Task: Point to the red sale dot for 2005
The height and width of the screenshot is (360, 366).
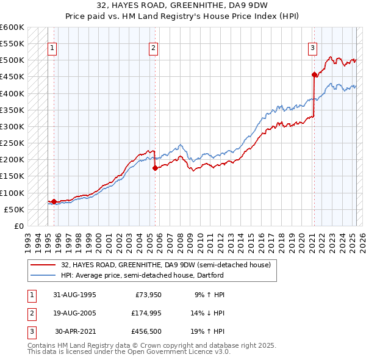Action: click(x=155, y=168)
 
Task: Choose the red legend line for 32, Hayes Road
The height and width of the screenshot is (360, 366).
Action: click(x=43, y=264)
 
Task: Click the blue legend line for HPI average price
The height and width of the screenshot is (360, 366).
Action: click(x=43, y=275)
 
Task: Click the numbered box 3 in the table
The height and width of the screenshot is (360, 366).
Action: click(x=31, y=333)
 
